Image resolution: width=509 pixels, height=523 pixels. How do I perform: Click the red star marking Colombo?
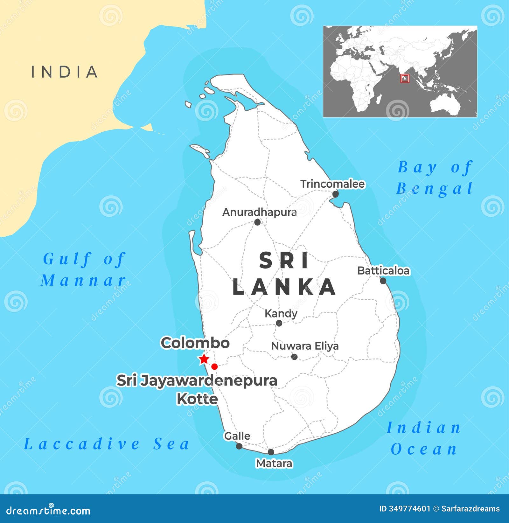pyautogui.click(x=204, y=359)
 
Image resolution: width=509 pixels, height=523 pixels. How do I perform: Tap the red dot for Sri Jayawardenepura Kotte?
pyautogui.click(x=214, y=366)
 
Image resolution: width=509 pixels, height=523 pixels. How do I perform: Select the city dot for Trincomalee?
pyautogui.click(x=335, y=194)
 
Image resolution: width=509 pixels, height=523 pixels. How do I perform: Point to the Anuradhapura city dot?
pyautogui.click(x=257, y=222)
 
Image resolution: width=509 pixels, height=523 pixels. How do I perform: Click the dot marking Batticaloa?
pyautogui.click(x=383, y=281)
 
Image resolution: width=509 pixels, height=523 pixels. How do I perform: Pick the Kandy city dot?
pyautogui.click(x=279, y=323)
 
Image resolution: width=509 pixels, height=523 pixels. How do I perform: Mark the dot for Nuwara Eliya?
pyautogui.click(x=294, y=357)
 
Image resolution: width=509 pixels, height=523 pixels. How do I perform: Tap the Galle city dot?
pyautogui.click(x=239, y=446)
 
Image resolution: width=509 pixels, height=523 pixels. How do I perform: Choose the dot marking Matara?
pyautogui.click(x=271, y=452)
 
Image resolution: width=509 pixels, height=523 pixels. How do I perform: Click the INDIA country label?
pyautogui.click(x=65, y=72)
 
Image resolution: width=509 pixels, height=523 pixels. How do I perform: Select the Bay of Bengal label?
pyautogui.click(x=435, y=178)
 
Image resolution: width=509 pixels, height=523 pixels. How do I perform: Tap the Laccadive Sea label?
pyautogui.click(x=107, y=444)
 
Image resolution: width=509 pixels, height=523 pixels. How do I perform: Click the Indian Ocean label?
pyautogui.click(x=424, y=438)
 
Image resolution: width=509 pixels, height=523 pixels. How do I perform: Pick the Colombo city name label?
pyautogui.click(x=195, y=343)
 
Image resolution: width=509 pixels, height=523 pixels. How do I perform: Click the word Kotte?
pyautogui.click(x=197, y=399)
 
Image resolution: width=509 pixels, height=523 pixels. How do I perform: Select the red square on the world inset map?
pyautogui.click(x=405, y=78)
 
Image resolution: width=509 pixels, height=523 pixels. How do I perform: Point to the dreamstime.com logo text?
pyautogui.click(x=48, y=511)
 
